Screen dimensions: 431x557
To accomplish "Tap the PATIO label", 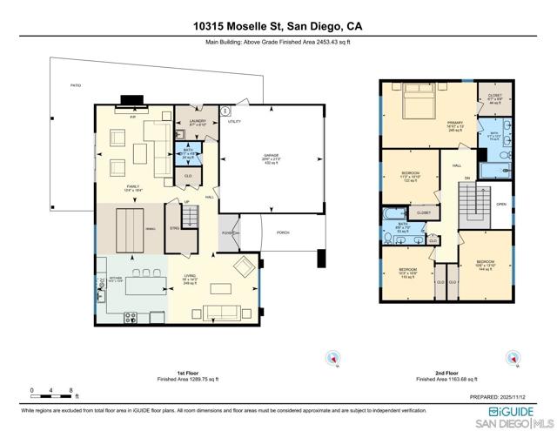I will (x=75, y=86).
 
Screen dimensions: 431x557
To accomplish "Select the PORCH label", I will (x=283, y=232).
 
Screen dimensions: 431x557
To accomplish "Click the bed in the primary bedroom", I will (x=420, y=109).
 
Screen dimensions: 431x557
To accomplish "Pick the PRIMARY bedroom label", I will (x=454, y=125).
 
